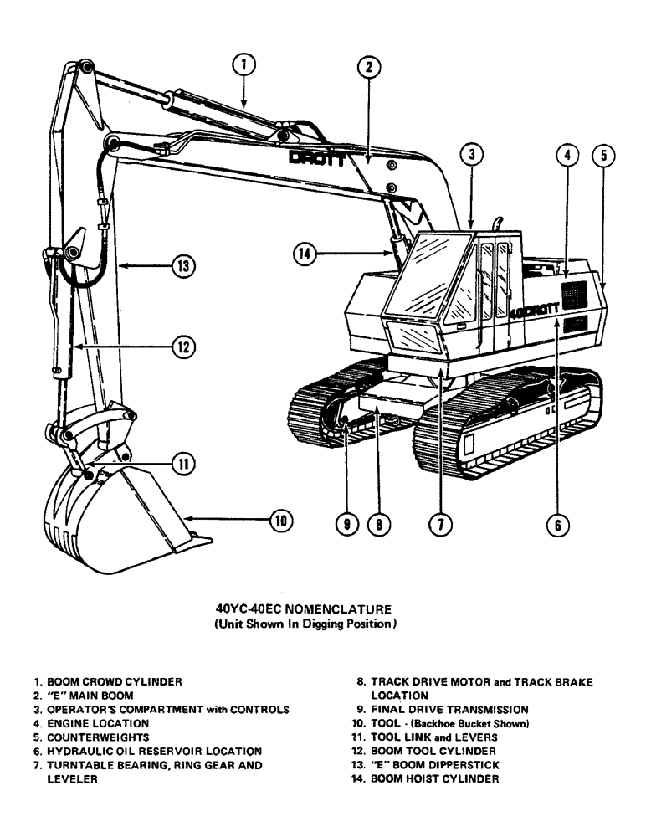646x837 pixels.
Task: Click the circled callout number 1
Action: tap(243, 64)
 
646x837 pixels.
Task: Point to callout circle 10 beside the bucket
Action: tap(280, 521)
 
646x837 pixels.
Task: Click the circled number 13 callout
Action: tap(182, 266)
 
